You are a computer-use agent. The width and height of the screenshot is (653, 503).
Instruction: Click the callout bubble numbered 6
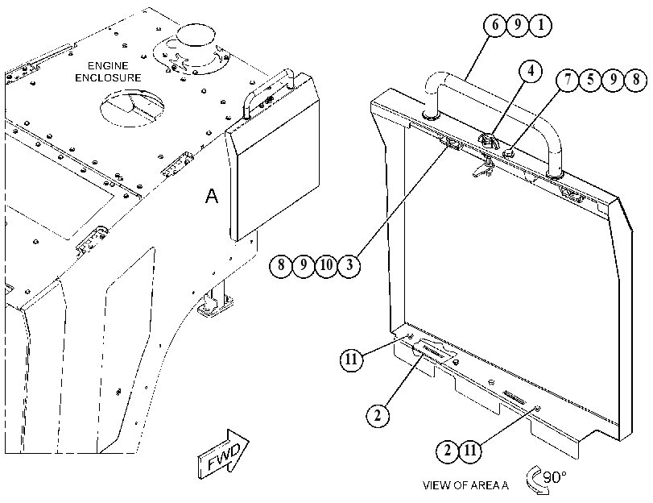point(494,26)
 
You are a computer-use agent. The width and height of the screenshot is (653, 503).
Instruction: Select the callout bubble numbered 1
point(540,26)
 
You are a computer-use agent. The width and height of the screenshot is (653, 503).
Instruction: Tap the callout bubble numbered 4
point(530,71)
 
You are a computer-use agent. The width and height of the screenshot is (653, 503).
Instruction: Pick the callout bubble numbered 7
point(568,80)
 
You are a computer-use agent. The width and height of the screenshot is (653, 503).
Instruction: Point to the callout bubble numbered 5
point(590,80)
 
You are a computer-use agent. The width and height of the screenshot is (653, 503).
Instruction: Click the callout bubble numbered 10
point(327,265)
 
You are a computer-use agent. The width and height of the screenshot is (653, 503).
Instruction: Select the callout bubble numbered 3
point(349,265)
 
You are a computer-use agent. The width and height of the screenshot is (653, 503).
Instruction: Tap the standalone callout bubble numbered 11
point(351,359)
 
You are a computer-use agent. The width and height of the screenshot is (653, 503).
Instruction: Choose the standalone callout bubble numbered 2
point(378,416)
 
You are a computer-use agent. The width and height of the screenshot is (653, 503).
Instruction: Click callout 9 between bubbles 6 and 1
point(518,26)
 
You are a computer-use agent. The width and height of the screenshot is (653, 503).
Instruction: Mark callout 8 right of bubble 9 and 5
point(636,80)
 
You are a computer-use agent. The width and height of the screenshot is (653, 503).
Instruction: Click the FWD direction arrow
point(224,454)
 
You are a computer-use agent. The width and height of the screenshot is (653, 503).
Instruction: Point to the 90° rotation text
point(555,476)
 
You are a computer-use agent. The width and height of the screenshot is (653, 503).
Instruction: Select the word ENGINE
point(108,66)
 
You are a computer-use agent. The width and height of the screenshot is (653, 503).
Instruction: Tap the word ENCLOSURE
point(108,78)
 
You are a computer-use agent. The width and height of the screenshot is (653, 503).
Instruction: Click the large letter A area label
point(212,196)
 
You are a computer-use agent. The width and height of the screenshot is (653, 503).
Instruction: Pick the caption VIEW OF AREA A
point(465,485)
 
